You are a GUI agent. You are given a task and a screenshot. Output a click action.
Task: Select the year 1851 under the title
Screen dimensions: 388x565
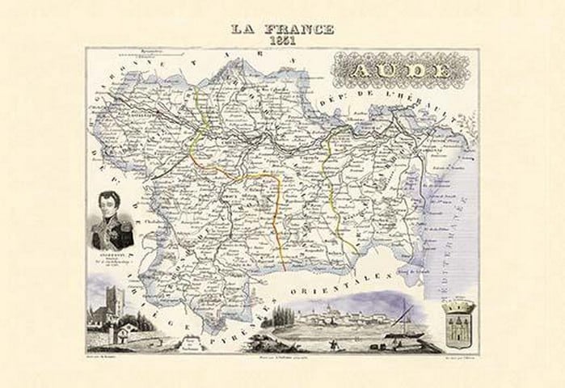pyautogui.click(x=283, y=41)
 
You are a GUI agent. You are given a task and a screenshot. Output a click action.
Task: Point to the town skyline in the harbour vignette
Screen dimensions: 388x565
pyautogui.click(x=323, y=316)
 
